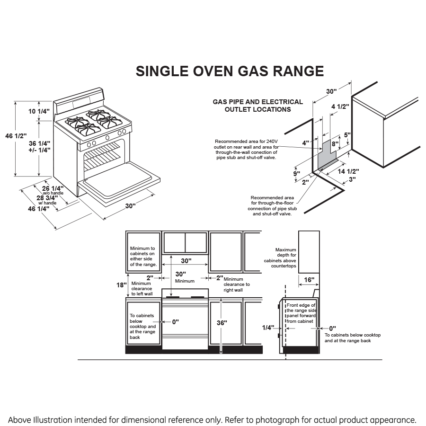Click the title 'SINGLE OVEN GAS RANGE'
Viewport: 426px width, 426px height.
[230, 71]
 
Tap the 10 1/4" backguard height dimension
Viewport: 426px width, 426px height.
[39, 112]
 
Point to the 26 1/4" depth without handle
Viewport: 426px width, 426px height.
[53, 188]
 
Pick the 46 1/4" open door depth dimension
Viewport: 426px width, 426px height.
[38, 208]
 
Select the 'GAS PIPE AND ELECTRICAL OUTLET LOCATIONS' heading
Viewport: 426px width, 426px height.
[257, 106]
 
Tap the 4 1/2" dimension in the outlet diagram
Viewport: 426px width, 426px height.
[340, 106]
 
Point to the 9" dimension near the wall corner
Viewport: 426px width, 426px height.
[296, 174]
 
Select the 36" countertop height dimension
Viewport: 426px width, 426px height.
[221, 323]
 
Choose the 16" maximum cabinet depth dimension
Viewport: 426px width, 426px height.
[309, 280]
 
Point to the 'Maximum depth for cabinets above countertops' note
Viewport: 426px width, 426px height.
[285, 258]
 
